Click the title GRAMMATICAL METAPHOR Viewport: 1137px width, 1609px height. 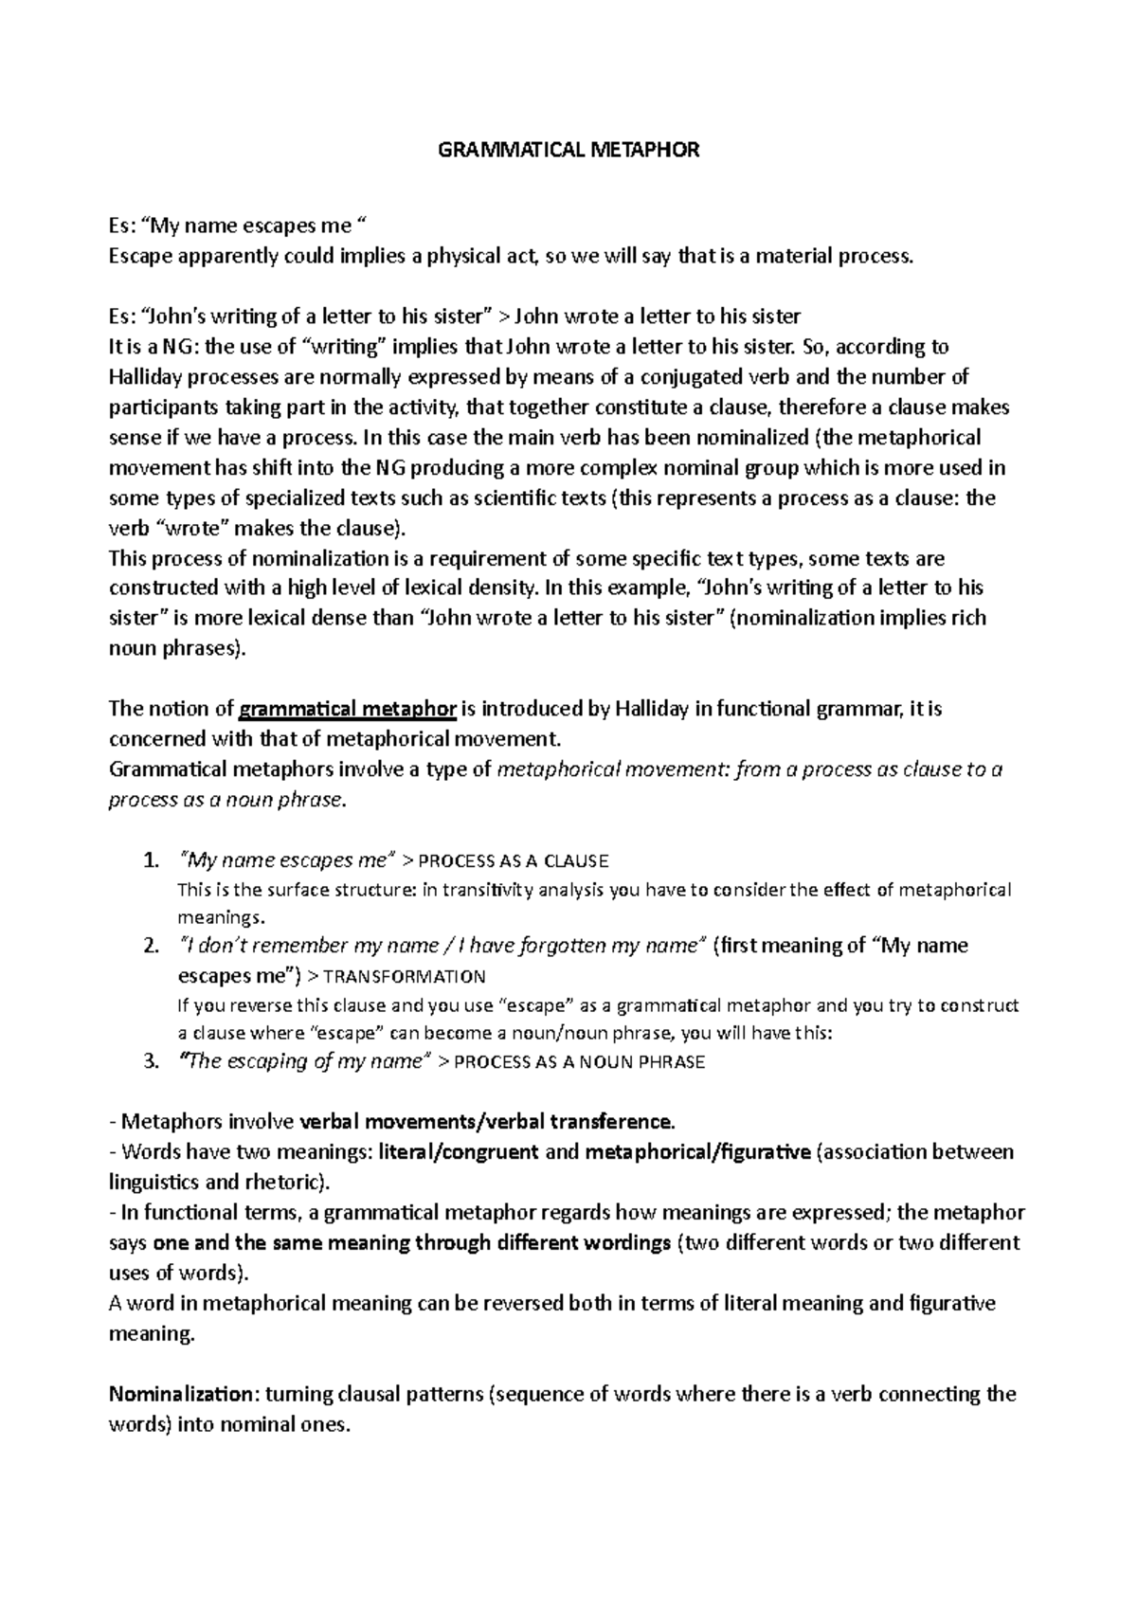[x=568, y=150]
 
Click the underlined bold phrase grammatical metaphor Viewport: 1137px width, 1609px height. [x=349, y=709]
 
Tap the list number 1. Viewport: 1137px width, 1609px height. [x=150, y=860]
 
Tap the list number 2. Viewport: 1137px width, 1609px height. [x=150, y=946]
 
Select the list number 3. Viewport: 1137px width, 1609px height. [x=150, y=1061]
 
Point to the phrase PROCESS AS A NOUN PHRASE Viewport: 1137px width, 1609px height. [x=580, y=1062]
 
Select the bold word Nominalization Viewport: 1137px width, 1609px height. [x=182, y=1394]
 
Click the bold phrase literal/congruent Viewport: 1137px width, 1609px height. [x=458, y=1152]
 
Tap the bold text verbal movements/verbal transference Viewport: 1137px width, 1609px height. [x=486, y=1122]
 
